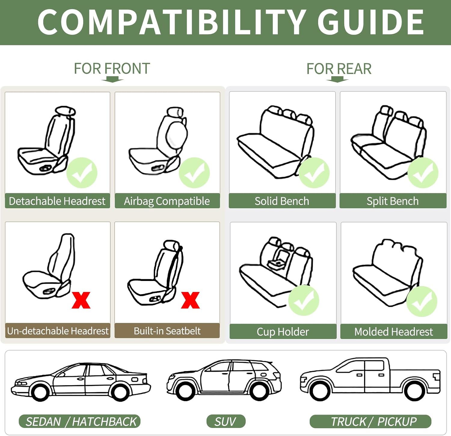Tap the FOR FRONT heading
(112, 69)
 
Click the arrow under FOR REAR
(337, 79)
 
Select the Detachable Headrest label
(57, 201)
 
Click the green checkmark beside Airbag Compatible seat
(194, 173)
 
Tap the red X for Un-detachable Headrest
(81, 300)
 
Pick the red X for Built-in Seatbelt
(190, 300)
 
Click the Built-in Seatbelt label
(167, 331)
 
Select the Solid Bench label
(282, 201)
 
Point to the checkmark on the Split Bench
(423, 173)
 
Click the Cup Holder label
(283, 332)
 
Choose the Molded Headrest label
(394, 332)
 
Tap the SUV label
(225, 422)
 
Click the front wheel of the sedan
(40, 391)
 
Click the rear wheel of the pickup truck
(415, 390)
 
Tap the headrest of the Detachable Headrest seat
(66, 111)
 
